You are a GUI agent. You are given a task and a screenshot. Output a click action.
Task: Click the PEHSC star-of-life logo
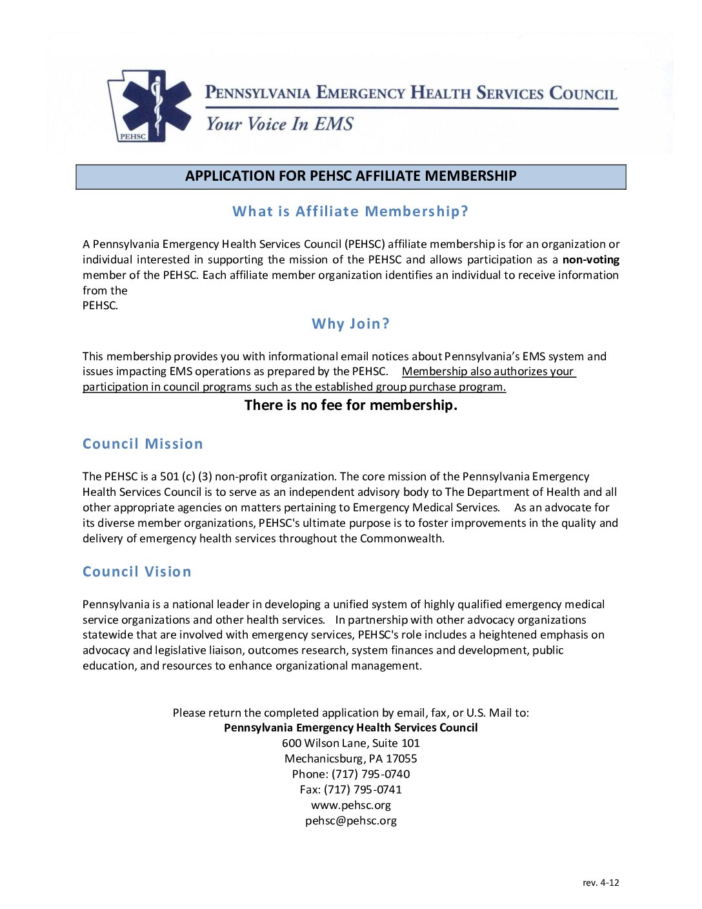152,106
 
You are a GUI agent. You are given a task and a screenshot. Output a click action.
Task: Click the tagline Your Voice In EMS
279,124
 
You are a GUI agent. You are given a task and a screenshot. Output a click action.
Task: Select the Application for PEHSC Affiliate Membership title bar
350,176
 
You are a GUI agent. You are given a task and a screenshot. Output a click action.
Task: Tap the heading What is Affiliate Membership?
350,211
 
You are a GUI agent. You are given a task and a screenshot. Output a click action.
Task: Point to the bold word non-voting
590,260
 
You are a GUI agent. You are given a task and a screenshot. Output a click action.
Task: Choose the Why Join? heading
350,323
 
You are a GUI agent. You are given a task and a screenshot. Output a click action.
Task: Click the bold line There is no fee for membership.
350,405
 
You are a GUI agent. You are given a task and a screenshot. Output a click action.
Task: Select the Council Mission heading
143,444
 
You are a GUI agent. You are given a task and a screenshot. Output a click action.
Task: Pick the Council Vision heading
137,571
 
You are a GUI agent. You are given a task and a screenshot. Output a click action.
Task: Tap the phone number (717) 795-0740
370,774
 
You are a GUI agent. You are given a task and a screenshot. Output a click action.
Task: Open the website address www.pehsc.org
350,805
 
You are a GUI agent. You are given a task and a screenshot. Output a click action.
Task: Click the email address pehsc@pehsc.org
350,821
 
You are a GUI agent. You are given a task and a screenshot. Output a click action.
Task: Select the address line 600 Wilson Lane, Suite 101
350,743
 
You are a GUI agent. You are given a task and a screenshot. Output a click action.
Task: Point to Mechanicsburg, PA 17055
350,759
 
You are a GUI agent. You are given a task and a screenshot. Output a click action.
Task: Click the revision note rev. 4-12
600,883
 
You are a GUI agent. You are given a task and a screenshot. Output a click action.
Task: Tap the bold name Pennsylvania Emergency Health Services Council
350,728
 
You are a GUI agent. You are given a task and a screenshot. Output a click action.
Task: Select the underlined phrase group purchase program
441,387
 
